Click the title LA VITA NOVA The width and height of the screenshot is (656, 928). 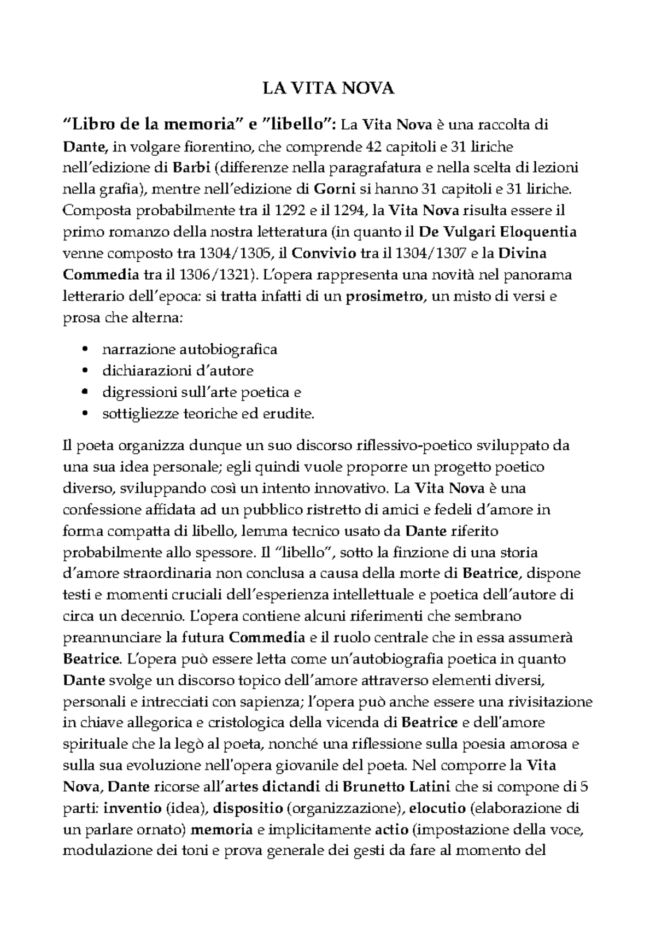click(328, 89)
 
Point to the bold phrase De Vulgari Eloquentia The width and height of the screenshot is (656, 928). click(497, 232)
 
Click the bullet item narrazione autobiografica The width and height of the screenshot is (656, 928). click(190, 349)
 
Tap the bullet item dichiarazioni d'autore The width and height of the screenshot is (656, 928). click(178, 371)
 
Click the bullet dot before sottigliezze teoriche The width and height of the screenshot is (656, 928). click(84, 414)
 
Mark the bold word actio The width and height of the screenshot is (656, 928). click(391, 830)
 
